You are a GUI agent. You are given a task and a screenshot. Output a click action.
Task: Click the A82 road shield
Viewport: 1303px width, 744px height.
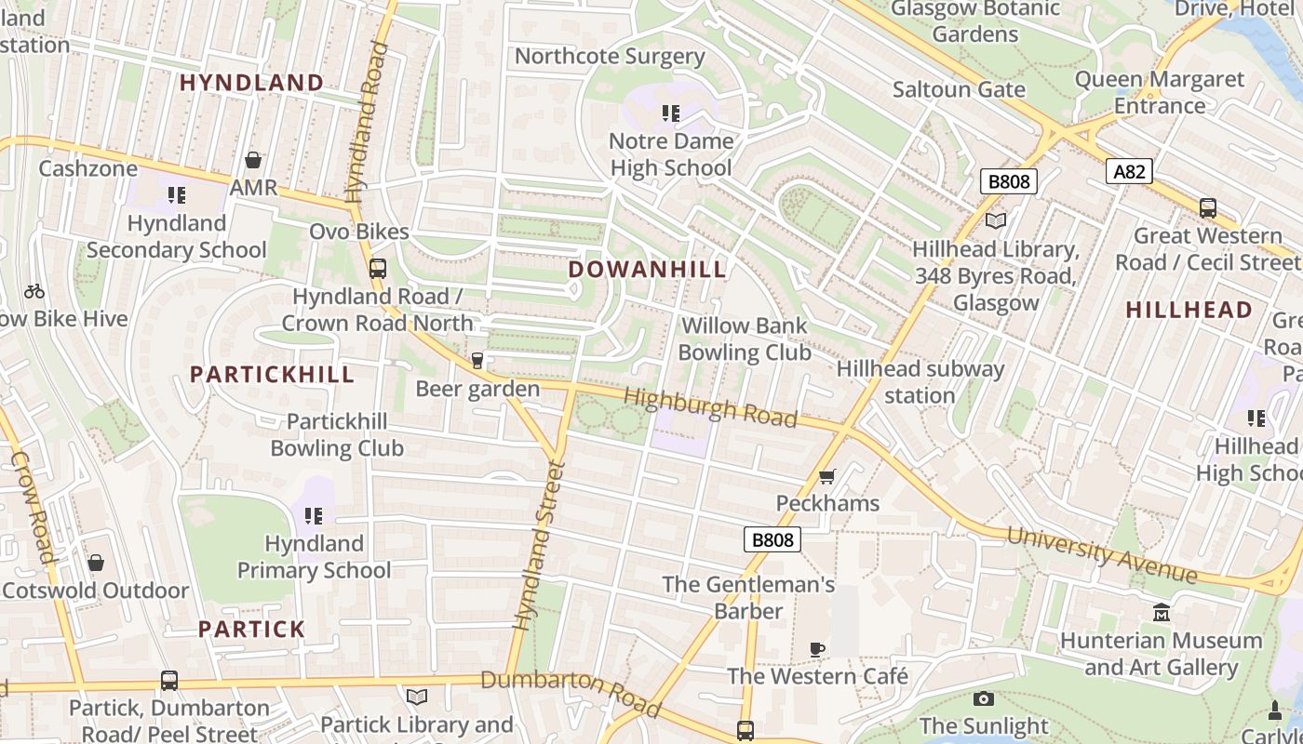coord(1130,171)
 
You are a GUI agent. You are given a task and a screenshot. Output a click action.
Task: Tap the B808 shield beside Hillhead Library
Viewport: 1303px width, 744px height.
coord(1008,181)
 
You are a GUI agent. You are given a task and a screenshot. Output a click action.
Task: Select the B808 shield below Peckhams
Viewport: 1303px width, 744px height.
coord(772,540)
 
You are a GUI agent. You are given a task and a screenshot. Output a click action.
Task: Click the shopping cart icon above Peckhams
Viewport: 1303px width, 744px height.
coord(826,477)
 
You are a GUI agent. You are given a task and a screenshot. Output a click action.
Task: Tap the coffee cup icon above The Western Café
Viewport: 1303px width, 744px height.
coord(817,649)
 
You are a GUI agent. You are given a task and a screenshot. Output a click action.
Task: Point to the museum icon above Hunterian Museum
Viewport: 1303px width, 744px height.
coord(1161,613)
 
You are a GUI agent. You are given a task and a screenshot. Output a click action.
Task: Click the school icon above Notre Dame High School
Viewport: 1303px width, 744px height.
coord(670,113)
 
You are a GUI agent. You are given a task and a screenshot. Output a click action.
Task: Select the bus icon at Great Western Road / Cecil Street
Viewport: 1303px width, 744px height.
coord(1207,208)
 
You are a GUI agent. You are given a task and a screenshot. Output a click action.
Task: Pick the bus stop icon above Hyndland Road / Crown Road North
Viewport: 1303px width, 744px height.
coord(377,269)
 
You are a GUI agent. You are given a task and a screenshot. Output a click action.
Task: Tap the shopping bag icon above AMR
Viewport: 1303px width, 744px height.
coord(253,160)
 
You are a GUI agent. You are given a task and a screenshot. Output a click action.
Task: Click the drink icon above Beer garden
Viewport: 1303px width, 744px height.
coord(477,361)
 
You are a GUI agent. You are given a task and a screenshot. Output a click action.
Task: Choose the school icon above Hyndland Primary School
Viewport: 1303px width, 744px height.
coord(314,515)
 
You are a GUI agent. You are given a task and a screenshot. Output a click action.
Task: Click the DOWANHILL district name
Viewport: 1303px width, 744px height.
coord(647,270)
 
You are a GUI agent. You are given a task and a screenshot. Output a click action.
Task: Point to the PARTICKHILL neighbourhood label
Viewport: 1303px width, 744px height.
coord(272,375)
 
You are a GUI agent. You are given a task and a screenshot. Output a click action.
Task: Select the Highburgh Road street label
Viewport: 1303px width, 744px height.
coord(710,408)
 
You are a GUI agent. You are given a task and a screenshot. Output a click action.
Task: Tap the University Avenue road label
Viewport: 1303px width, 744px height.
coord(1102,555)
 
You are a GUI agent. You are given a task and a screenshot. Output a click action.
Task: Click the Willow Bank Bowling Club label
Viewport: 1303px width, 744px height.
coord(744,339)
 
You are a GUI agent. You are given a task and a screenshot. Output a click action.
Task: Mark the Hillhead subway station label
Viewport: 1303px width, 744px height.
coord(920,382)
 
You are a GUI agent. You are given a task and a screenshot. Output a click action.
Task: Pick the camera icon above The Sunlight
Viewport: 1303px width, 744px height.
coord(983,698)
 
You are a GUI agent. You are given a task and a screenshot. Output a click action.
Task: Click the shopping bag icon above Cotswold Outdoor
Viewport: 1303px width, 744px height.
coord(95,564)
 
